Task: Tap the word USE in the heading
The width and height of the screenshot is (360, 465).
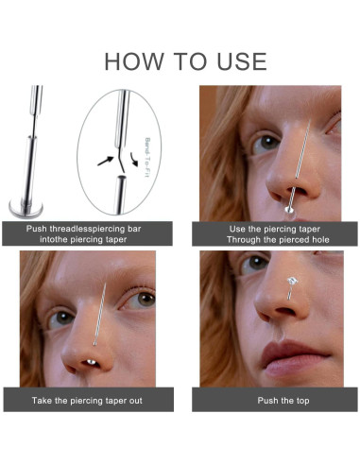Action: (234, 61)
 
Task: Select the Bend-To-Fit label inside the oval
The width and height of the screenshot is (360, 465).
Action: (148, 151)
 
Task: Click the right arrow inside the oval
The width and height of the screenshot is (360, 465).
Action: (137, 171)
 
